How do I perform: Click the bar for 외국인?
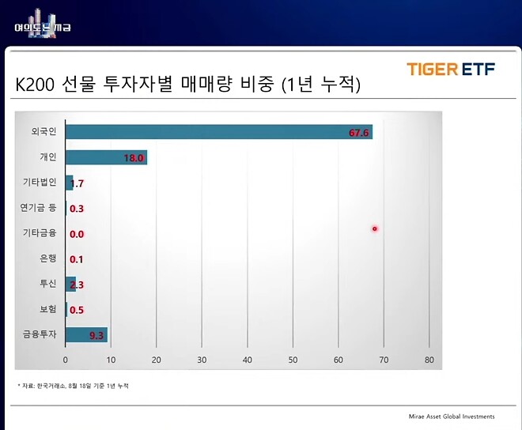(218, 132)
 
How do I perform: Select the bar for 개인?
(105, 157)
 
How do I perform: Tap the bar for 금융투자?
(85, 335)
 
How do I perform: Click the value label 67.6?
(359, 133)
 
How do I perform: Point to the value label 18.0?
(134, 158)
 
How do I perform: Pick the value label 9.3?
(96, 336)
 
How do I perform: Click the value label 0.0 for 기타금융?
(77, 234)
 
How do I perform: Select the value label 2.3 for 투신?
(77, 285)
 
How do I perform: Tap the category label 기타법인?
(40, 183)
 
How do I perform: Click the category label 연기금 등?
(38, 208)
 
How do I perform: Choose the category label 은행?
(47, 258)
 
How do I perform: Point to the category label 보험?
(47, 309)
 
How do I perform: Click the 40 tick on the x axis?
(247, 360)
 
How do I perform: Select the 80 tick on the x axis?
(429, 360)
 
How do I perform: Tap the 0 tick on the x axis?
(66, 360)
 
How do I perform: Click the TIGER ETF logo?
(451, 69)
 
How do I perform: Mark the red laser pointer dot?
(375, 229)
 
